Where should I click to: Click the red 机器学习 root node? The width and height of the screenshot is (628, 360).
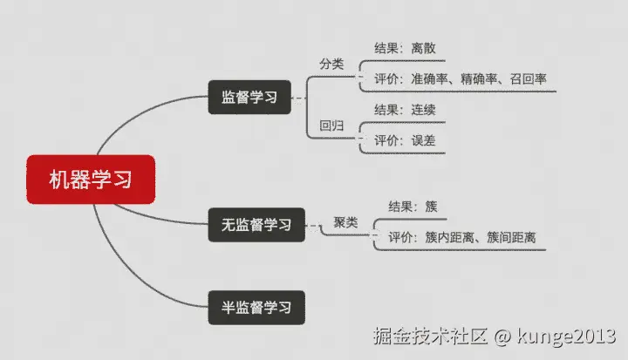pyautogui.click(x=91, y=180)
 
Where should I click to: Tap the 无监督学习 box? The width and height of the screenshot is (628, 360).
pyautogui.click(x=256, y=225)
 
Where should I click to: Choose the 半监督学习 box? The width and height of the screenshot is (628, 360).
pyautogui.click(x=256, y=307)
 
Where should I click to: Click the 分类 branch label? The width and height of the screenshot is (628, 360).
pyautogui.click(x=331, y=64)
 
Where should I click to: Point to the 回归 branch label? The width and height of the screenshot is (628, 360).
pyautogui.click(x=331, y=126)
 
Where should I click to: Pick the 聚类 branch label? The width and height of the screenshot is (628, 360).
pyautogui.click(x=345, y=222)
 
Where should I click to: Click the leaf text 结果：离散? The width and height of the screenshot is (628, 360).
pyautogui.click(x=404, y=48)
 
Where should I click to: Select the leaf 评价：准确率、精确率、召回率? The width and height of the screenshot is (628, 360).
pyautogui.click(x=461, y=79)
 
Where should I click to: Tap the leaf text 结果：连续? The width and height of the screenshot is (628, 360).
pyautogui.click(x=405, y=110)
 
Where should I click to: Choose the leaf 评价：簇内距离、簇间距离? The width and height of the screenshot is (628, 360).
pyautogui.click(x=462, y=237)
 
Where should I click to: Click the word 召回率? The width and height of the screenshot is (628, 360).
pyautogui.click(x=529, y=79)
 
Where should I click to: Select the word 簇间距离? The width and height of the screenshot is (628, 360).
pyautogui.click(x=512, y=237)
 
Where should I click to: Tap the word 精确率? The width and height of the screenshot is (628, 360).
pyautogui.click(x=480, y=79)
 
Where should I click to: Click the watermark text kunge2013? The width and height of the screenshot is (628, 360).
pyautogui.click(x=571, y=335)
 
